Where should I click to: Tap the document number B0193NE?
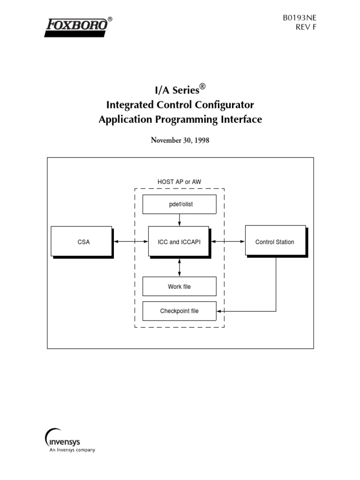(296, 18)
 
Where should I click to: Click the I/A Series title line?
(180, 89)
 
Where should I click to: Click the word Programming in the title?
(187, 120)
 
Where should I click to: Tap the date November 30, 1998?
(180, 140)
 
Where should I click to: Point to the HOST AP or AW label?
(180, 181)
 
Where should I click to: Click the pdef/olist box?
(179, 204)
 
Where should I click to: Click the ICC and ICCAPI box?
(179, 241)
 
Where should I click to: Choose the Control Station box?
(275, 241)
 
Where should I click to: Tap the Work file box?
(179, 286)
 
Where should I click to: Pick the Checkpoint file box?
(179, 311)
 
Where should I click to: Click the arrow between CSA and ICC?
(130, 241)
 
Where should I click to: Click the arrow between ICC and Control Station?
(227, 241)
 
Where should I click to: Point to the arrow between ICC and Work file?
(180, 266)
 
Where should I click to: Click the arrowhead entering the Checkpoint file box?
(219, 311)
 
